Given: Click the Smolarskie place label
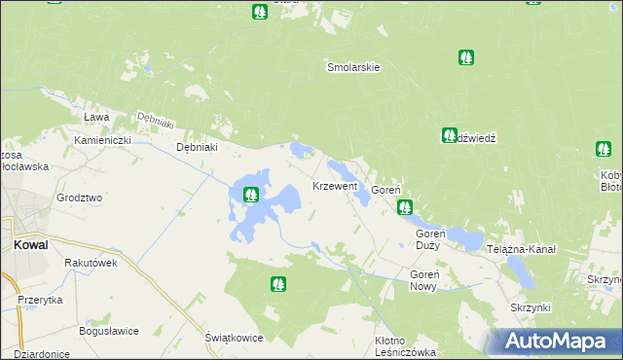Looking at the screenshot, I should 351,68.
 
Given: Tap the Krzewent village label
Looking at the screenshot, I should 334,185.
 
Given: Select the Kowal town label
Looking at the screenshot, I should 31,245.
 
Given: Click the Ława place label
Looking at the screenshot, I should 95,117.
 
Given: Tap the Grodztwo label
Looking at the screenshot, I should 79,198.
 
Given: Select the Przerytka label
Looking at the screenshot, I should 40,301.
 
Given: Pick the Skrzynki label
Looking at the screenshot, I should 531,307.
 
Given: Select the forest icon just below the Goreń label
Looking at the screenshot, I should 404,206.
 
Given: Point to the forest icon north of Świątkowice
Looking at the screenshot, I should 278,284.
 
